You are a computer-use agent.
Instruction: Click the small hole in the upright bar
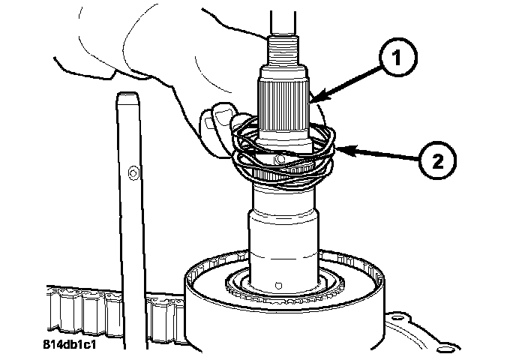pyautogui.click(x=132, y=173)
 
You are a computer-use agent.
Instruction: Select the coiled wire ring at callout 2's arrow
pyautogui.click(x=322, y=154)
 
